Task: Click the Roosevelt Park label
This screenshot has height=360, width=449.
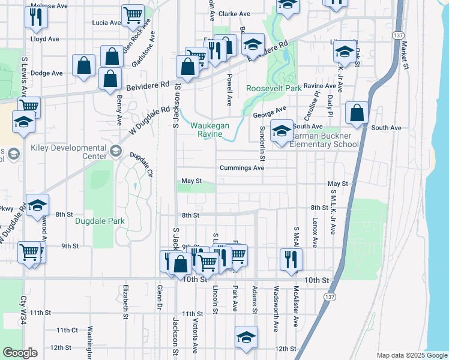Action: [x=274, y=88]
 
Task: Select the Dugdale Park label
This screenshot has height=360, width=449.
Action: [x=100, y=221]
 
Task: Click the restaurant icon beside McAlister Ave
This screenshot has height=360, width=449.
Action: [x=291, y=259]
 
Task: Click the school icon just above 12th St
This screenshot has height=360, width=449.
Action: [x=246, y=337]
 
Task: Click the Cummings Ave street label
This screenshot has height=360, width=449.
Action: [x=242, y=168]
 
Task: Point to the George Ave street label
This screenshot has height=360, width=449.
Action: [x=270, y=111]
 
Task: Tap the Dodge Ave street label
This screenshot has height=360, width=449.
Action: [x=46, y=73]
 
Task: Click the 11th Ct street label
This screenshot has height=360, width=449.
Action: [x=67, y=330]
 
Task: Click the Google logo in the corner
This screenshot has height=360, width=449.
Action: [x=20, y=353]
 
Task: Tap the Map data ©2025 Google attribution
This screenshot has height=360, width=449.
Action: [x=411, y=355]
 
